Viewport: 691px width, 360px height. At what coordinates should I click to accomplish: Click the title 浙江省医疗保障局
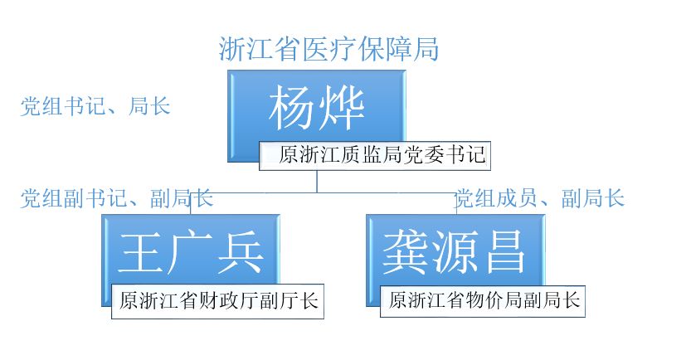tap(328, 49)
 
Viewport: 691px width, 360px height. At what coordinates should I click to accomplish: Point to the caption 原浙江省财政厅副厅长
tap(217, 301)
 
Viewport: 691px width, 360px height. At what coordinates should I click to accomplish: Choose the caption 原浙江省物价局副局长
tap(484, 299)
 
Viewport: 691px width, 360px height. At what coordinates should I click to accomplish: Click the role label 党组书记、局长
tap(95, 106)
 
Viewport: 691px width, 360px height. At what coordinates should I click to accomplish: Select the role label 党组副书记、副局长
tap(117, 198)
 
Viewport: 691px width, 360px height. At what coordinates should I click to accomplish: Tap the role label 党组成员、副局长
tap(540, 198)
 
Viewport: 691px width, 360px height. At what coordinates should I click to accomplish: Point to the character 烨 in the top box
tap(343, 108)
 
